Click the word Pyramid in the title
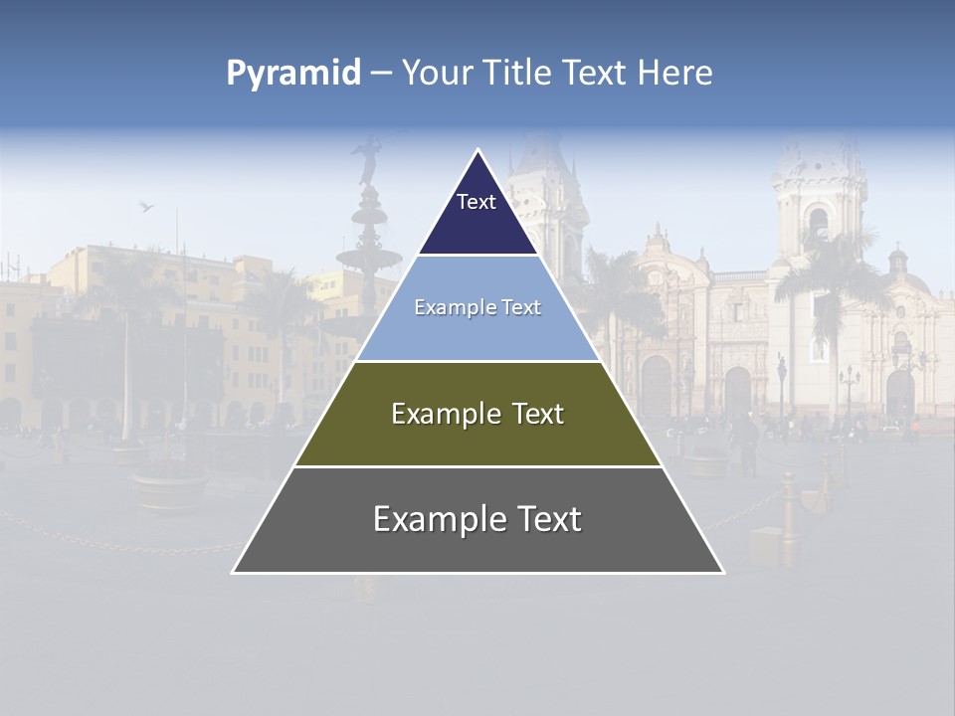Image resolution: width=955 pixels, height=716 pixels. click(293, 74)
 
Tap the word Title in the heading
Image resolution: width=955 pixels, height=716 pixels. click(518, 74)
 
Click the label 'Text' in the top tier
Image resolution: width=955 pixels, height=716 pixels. click(477, 202)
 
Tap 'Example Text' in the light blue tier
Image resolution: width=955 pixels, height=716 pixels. click(477, 307)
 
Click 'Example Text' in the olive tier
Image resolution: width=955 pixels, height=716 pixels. click(477, 414)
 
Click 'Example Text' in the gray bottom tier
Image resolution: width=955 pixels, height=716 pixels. click(477, 519)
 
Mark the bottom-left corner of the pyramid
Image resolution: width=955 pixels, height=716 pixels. click(234, 572)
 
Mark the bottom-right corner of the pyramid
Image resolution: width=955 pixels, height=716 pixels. click(723, 572)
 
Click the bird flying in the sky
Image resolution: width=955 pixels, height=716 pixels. click(146, 206)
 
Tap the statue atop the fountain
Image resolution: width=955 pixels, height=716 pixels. click(368, 159)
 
